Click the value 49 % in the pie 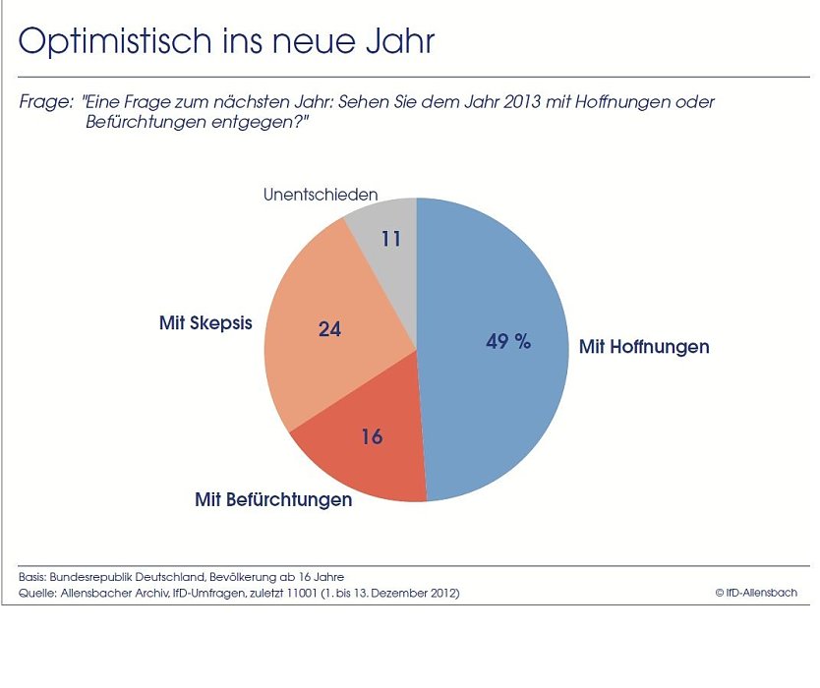[508, 342]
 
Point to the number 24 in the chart [329, 329]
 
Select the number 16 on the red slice [372, 436]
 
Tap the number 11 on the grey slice [391, 238]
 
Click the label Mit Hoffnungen [644, 347]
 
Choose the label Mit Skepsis [205, 322]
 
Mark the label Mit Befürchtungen [273, 499]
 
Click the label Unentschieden [321, 195]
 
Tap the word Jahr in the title [399, 41]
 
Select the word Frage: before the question [46, 102]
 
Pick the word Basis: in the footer [36, 576]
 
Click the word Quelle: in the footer [38, 593]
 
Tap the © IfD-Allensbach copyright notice [756, 593]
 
